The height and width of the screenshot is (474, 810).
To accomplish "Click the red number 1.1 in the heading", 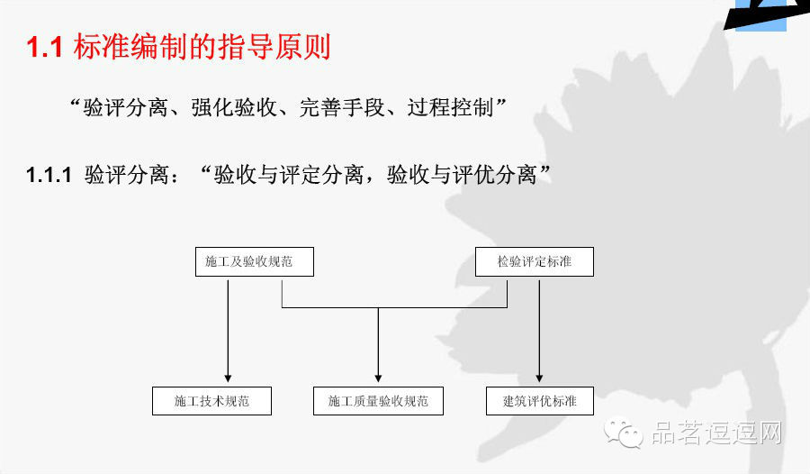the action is point(44,48).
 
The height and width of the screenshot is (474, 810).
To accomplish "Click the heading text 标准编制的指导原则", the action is point(202,48).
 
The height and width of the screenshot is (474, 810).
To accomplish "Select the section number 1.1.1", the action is point(49,175).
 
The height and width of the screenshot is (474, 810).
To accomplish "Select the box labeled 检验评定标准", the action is point(534,261).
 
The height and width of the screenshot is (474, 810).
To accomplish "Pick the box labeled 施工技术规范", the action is point(211,401).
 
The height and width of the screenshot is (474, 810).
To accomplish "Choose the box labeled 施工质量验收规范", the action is point(378,401).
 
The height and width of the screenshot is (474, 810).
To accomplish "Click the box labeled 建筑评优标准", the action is point(539,401).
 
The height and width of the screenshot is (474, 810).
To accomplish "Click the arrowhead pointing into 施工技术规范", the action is point(228,377).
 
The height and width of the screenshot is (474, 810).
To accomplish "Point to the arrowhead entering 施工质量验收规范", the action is point(378,377).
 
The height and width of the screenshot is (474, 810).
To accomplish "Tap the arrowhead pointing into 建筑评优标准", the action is point(539,377).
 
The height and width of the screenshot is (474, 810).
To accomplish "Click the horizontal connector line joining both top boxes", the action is point(396,308).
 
